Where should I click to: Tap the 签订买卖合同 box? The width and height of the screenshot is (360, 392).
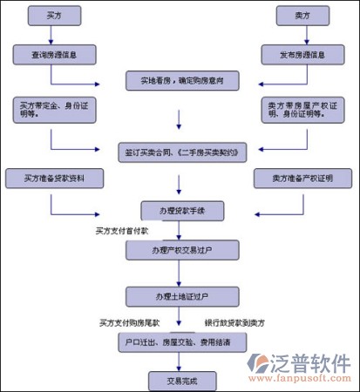(180, 151)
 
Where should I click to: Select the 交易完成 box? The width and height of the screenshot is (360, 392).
(179, 381)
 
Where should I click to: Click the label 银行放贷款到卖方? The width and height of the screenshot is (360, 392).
(234, 322)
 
